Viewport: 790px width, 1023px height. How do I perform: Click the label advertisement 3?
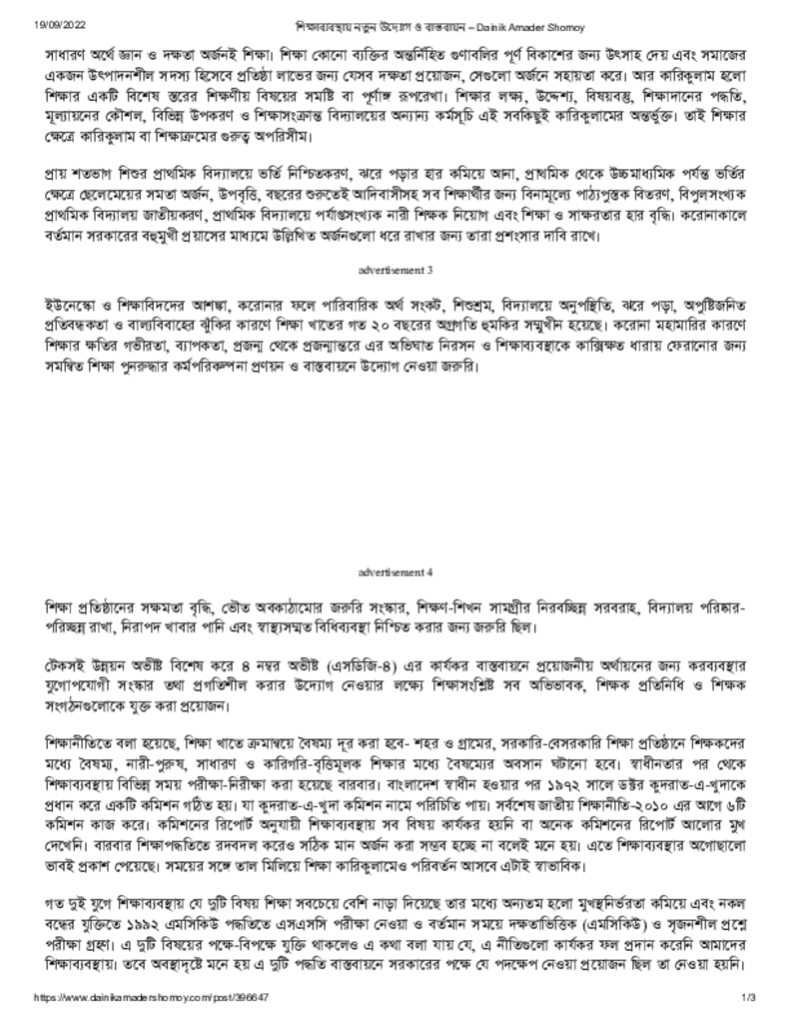(x=395, y=270)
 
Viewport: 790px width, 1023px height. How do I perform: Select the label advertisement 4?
(x=395, y=572)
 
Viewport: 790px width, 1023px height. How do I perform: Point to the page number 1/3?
(x=749, y=1000)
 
